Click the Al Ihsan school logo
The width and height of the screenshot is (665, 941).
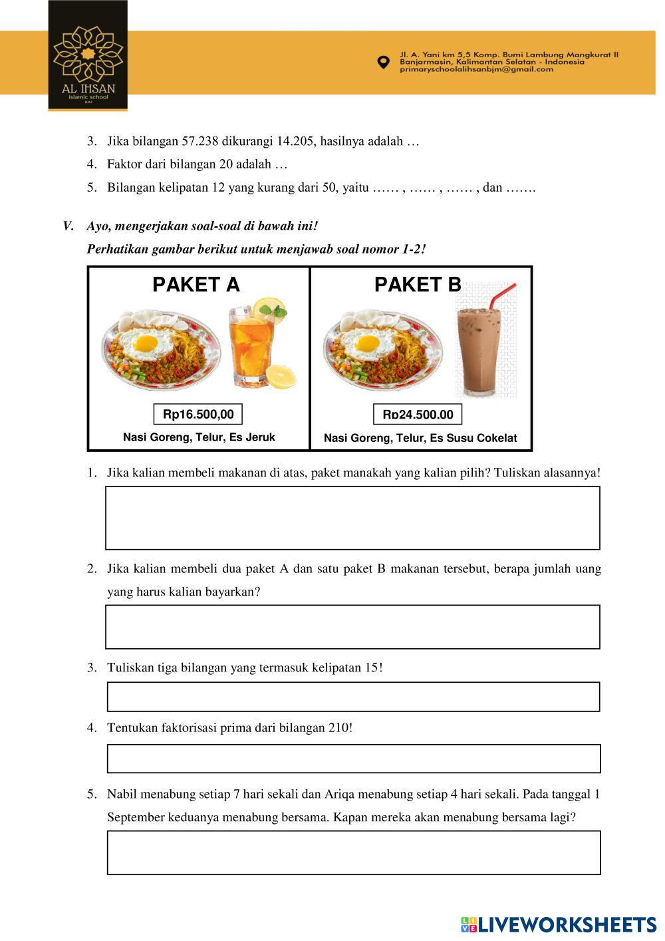[x=88, y=56]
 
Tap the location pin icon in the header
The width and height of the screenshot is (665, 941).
[x=383, y=63]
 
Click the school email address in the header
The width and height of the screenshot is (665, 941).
[x=476, y=69]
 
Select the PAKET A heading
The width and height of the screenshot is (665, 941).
[x=196, y=285]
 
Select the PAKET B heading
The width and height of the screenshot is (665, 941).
[x=418, y=285]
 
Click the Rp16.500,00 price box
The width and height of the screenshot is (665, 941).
[x=198, y=414]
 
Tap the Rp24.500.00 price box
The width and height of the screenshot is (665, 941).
[x=418, y=415]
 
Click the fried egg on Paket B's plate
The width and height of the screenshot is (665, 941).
[x=367, y=343]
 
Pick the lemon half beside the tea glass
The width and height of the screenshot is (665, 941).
[x=280, y=377]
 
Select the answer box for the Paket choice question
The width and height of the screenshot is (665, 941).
[x=352, y=518]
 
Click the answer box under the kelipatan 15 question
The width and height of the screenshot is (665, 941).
[x=353, y=696]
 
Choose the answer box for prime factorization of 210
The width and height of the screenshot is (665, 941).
[x=353, y=759]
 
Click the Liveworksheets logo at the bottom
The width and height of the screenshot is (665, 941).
[x=558, y=924]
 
